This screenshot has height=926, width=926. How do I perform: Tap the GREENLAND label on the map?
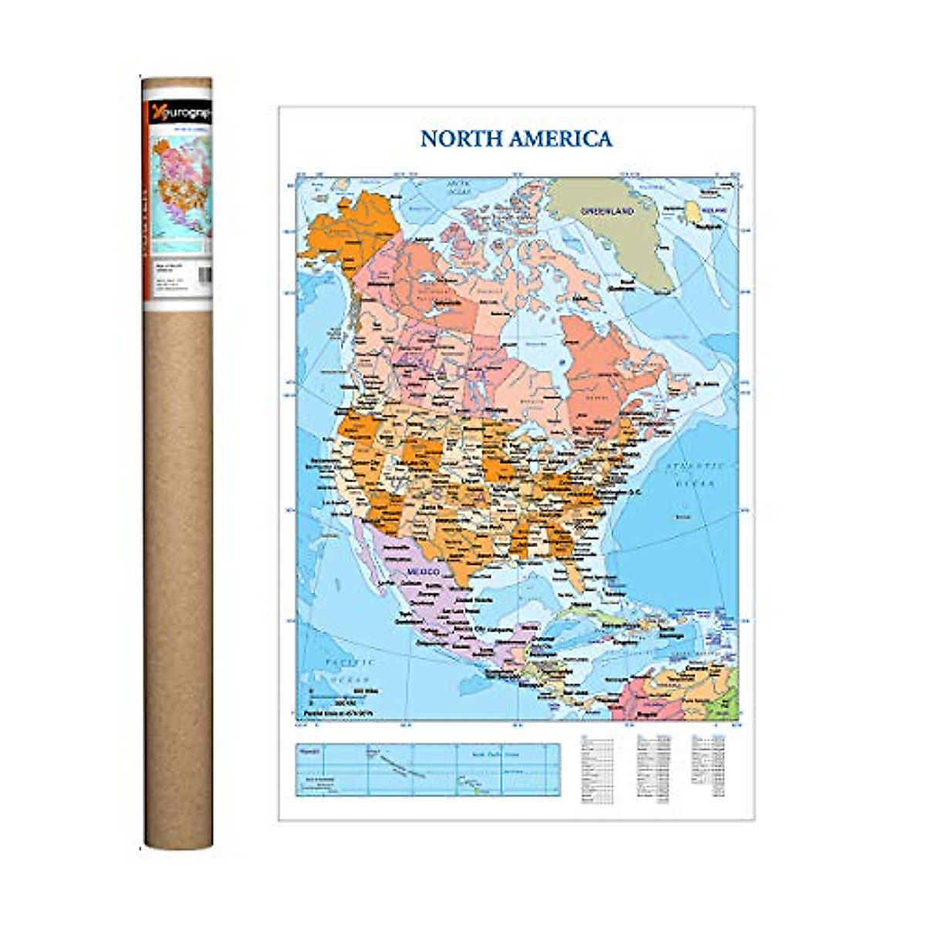[x=607, y=211]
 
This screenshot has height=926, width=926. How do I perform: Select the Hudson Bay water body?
[x=532, y=340]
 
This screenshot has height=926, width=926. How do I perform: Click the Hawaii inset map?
[x=427, y=769]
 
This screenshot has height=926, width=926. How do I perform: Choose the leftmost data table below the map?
[x=596, y=769]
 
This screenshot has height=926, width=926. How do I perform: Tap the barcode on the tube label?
[x=204, y=275]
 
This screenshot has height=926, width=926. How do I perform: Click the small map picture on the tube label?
[x=181, y=185]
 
